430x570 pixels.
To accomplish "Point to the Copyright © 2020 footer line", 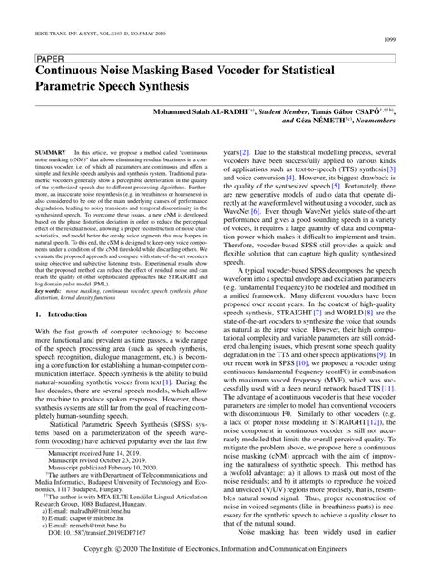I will (215, 549).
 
